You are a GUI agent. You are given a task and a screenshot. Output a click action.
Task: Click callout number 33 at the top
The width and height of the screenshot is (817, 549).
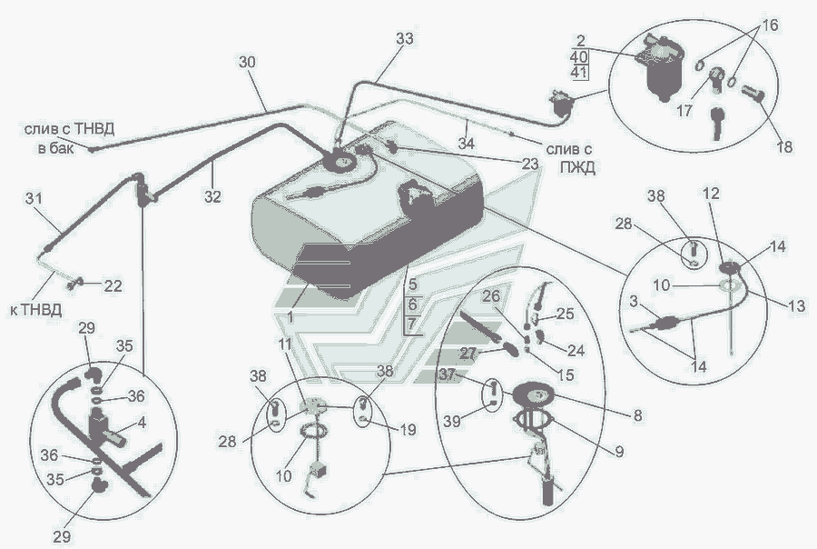(404, 38)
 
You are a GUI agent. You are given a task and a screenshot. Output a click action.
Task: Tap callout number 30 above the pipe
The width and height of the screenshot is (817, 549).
(247, 62)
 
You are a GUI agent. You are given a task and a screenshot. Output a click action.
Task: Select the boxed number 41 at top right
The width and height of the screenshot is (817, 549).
(579, 72)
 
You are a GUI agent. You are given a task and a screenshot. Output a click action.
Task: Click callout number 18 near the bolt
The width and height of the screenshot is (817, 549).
(784, 146)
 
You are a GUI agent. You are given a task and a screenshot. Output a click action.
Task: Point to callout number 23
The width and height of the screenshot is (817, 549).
(530, 164)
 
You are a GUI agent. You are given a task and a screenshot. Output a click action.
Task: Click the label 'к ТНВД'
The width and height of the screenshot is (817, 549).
(36, 310)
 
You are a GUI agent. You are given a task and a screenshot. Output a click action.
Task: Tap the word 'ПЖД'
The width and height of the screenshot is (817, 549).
(577, 167)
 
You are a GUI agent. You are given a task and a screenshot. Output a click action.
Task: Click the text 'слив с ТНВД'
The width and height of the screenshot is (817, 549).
(69, 129)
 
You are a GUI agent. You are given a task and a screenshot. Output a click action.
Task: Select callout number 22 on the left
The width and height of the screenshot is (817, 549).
(113, 285)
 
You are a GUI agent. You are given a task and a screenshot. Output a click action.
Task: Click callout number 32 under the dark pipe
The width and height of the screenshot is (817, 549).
(212, 196)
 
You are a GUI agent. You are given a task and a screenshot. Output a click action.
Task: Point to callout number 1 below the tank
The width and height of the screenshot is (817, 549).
(290, 317)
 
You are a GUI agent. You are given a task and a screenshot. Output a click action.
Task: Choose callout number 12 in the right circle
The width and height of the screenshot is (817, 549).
(711, 193)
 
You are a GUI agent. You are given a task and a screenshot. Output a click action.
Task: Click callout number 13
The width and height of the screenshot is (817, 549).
(797, 305)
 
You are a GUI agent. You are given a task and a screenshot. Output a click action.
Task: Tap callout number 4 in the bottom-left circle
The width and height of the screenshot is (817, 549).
(142, 422)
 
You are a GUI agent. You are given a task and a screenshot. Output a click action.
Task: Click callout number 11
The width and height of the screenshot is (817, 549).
(284, 345)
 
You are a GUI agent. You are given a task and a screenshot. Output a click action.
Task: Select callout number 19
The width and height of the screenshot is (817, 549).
(408, 429)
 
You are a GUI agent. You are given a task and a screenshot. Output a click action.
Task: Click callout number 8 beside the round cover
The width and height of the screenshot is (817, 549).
(638, 415)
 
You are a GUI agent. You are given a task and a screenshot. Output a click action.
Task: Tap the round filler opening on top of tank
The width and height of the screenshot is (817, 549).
(342, 161)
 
